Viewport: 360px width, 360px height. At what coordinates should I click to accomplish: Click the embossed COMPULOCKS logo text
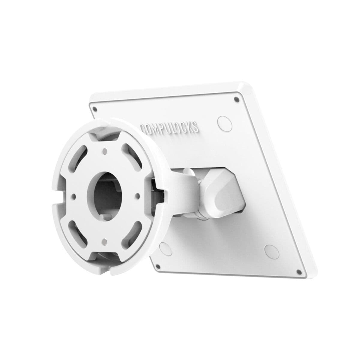pos(169,126)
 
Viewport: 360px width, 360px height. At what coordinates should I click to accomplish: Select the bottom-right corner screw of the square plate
pos(298,272)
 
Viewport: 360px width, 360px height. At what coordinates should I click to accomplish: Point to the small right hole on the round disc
pos(138,196)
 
